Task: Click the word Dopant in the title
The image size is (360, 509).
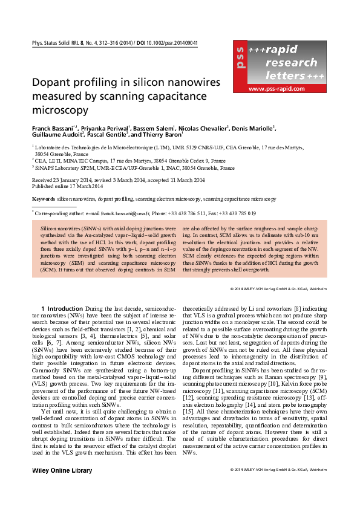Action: click(x=53, y=83)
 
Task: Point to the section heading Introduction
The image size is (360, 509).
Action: click(x=69, y=309)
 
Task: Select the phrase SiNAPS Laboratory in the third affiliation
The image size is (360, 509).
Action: click(x=56, y=168)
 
